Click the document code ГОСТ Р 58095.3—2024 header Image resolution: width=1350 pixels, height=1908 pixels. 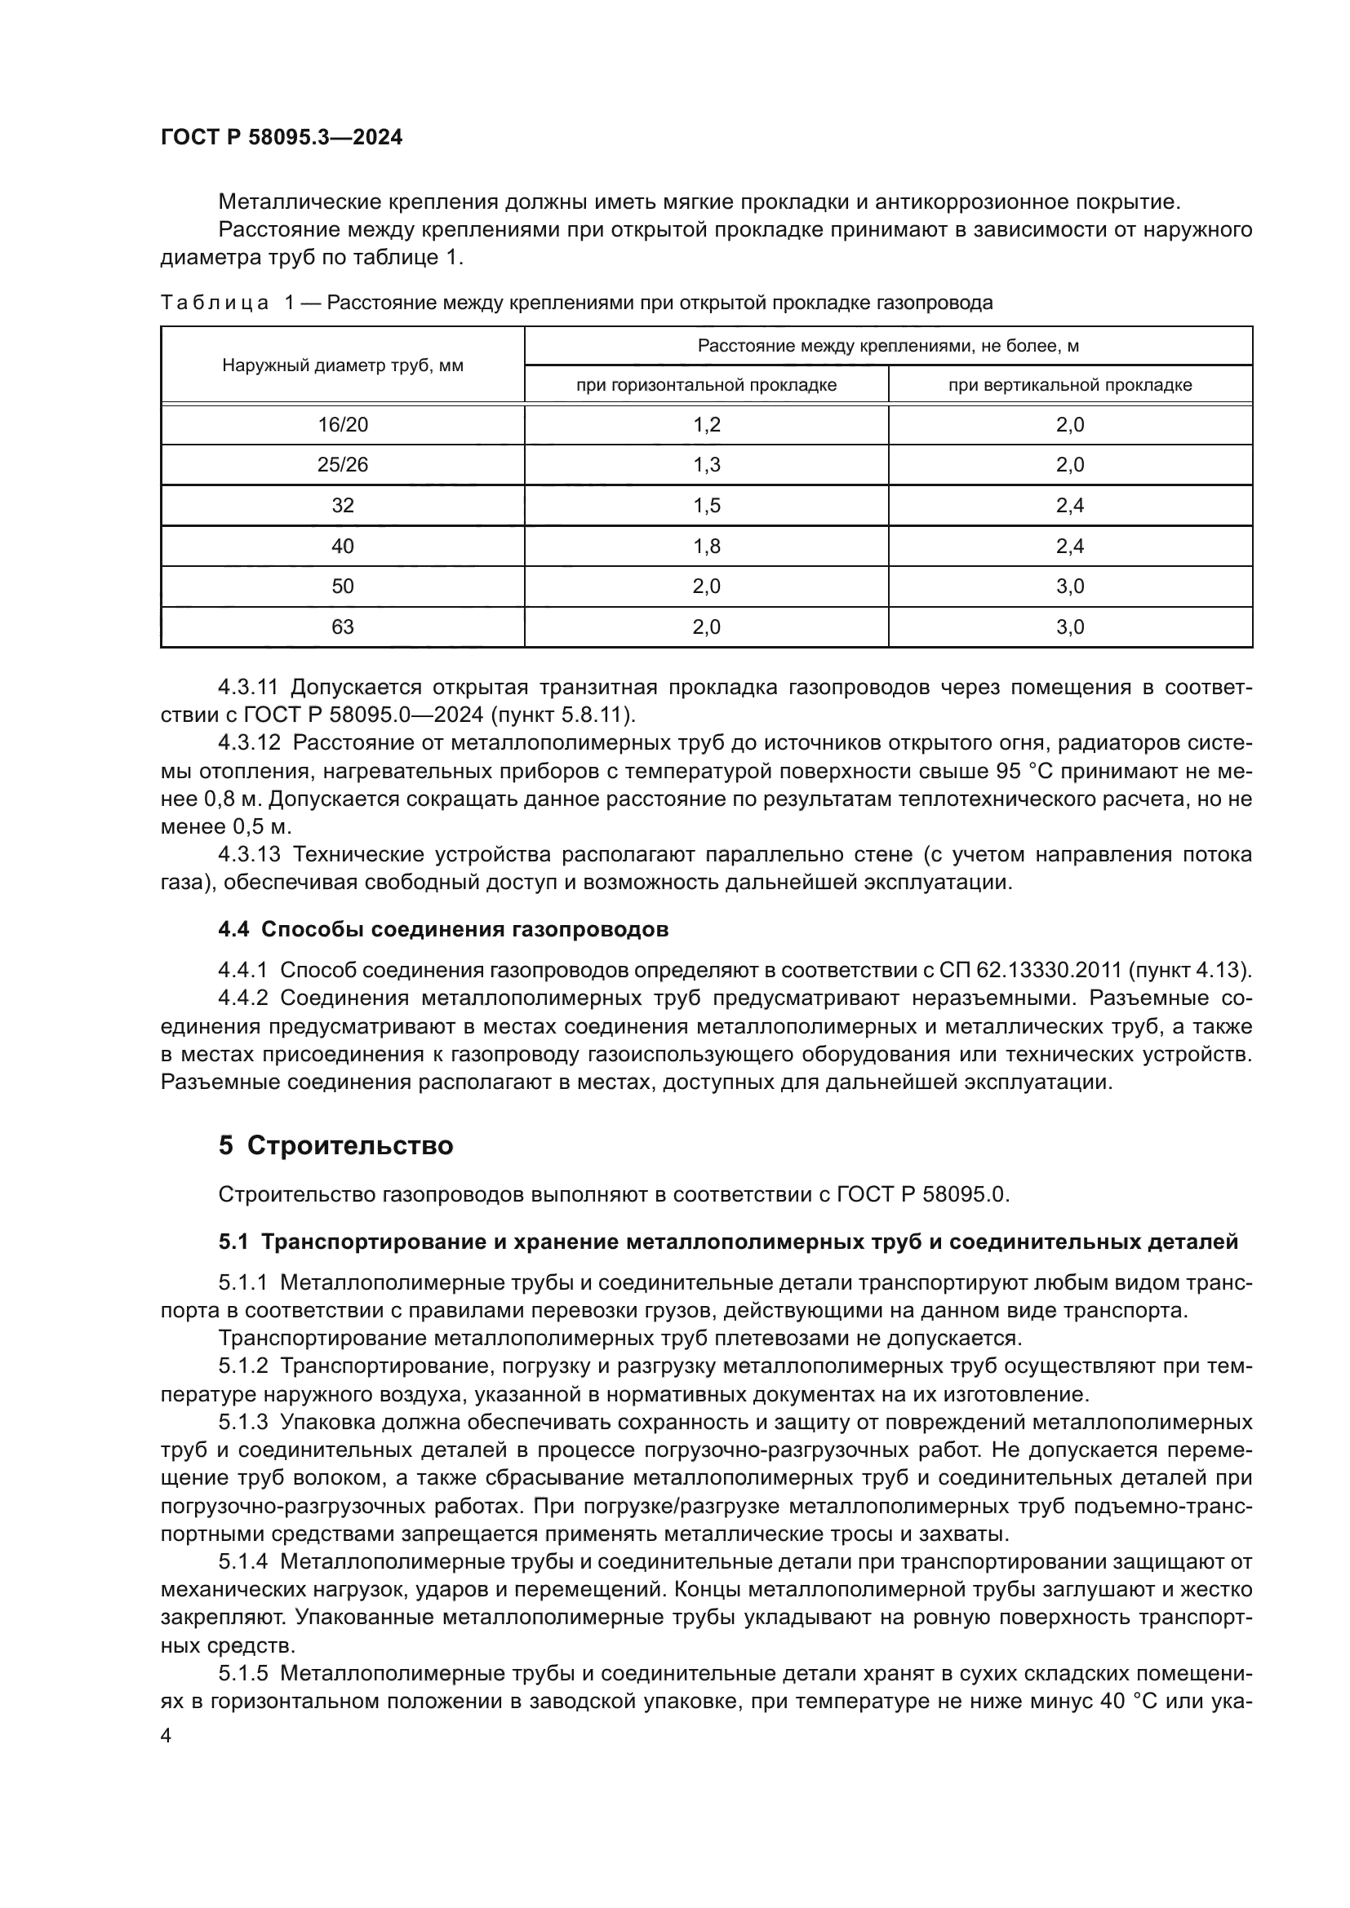(281, 138)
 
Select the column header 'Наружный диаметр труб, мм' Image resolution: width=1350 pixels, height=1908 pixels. (343, 365)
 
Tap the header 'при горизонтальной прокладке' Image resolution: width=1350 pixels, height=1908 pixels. (706, 385)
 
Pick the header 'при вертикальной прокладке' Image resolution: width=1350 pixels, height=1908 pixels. (1070, 385)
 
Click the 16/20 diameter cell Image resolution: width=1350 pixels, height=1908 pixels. (343, 425)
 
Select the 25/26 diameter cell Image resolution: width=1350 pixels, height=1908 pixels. (343, 464)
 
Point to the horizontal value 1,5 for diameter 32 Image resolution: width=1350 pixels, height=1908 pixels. (707, 505)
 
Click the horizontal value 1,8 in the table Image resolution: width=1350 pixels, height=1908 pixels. (707, 546)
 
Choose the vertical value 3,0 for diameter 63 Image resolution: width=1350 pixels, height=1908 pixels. (1070, 626)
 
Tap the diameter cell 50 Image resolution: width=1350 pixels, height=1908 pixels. (343, 587)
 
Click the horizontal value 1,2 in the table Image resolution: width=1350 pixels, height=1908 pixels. (707, 425)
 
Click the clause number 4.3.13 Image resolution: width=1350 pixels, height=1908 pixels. (250, 854)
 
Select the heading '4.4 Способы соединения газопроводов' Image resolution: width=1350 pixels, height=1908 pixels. (443, 929)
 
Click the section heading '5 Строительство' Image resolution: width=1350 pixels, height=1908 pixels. (335, 1146)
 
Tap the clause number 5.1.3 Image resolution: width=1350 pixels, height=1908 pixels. (243, 1422)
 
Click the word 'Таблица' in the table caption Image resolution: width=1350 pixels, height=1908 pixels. (215, 303)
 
